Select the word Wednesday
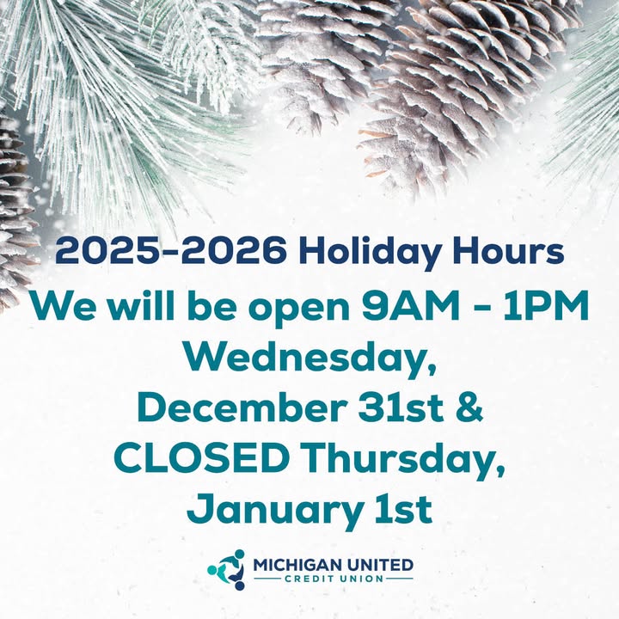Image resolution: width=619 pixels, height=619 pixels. (308, 358)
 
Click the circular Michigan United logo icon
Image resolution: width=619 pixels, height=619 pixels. (228, 569)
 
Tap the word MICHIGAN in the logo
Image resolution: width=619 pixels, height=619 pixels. (296, 565)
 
